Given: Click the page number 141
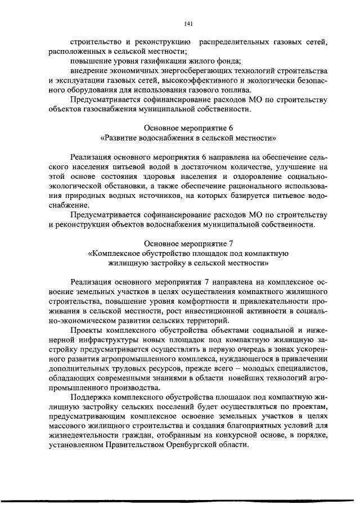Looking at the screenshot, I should pos(188,23).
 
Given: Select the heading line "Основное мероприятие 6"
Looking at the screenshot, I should pos(188,128).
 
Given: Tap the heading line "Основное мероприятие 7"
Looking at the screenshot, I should pos(188,244).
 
